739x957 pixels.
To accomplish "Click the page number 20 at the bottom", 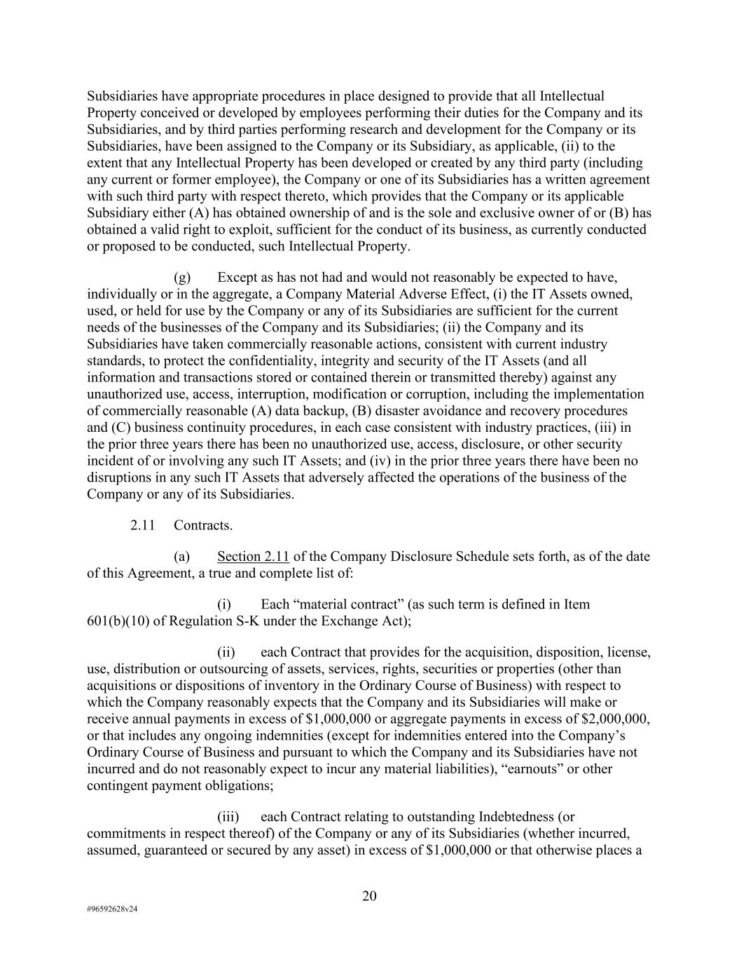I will pos(369,895).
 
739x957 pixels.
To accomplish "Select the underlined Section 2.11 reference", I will pos(253,557).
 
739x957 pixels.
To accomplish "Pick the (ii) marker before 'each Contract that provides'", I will pos(228,652).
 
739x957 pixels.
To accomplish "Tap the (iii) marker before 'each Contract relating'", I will pos(228,817).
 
